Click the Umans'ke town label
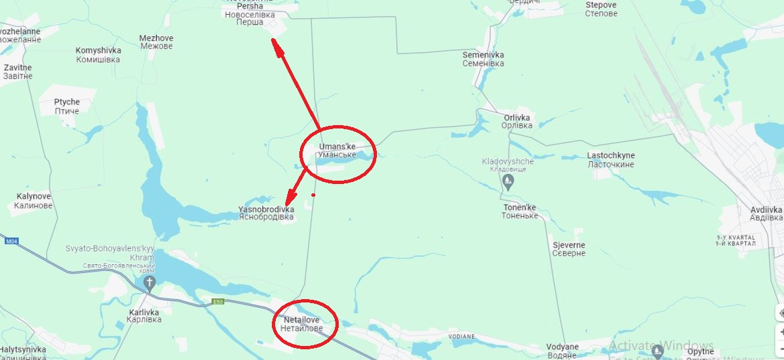(x=337, y=151)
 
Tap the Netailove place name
(x=301, y=325)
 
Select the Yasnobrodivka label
(x=266, y=213)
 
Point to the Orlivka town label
(x=518, y=121)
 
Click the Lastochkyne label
(x=611, y=160)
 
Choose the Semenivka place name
(x=483, y=59)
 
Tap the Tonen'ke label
(x=520, y=211)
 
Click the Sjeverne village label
(x=569, y=249)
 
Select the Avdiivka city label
(x=766, y=213)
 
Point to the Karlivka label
(x=144, y=316)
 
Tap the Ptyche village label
(x=67, y=106)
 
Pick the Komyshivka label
(x=98, y=55)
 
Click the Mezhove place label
(x=156, y=42)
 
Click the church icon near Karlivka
(x=149, y=282)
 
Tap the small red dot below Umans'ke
(x=313, y=195)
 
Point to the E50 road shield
(x=218, y=301)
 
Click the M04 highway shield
(x=11, y=241)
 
